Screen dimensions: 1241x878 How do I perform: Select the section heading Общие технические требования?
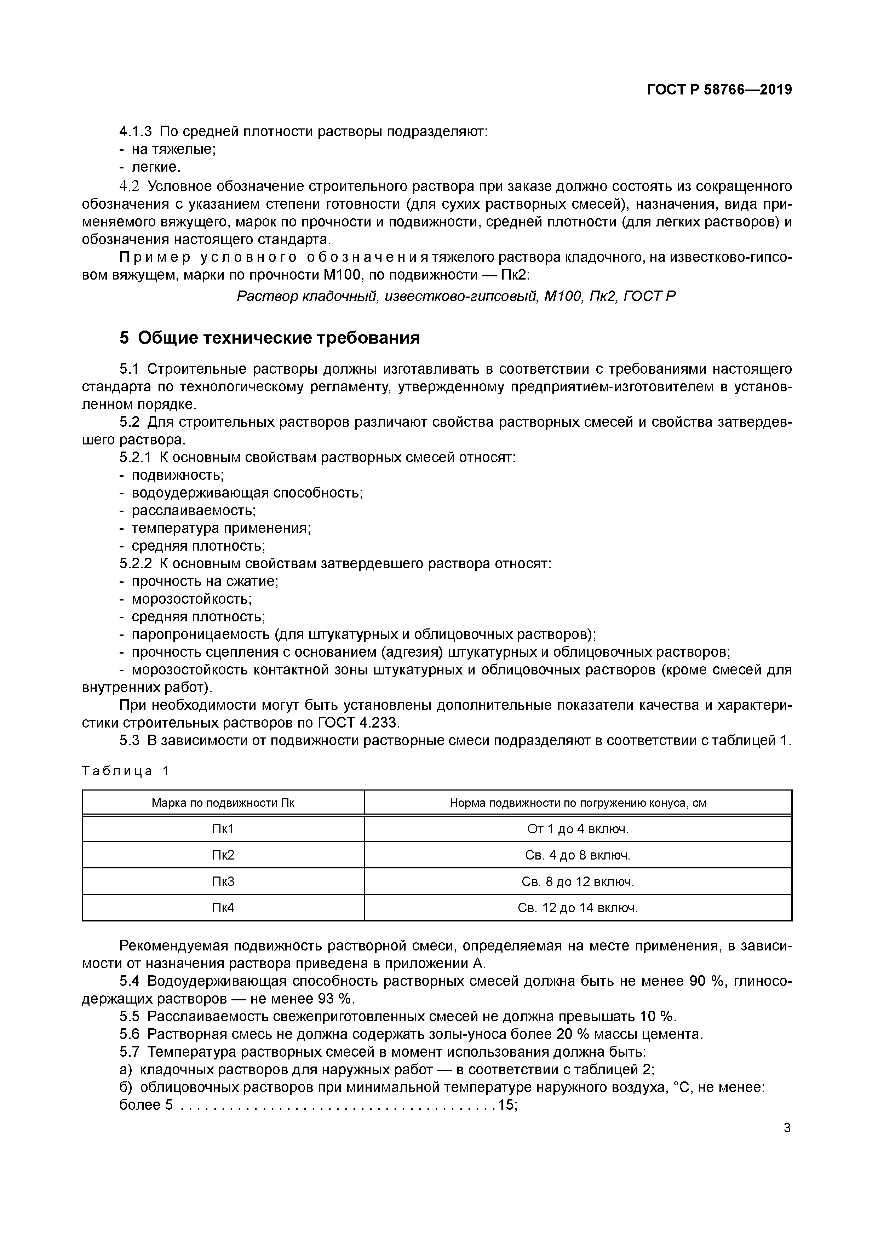pyautogui.click(x=269, y=338)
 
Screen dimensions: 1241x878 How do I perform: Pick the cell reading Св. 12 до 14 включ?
pyautogui.click(x=578, y=908)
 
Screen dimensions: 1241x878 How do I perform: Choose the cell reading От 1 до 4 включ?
pyautogui.click(x=578, y=829)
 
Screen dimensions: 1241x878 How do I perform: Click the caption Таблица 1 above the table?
pyautogui.click(x=125, y=771)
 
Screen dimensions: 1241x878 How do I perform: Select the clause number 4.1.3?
pyautogui.click(x=135, y=131)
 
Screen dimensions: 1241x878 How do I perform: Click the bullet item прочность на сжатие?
pyautogui.click(x=205, y=582)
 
